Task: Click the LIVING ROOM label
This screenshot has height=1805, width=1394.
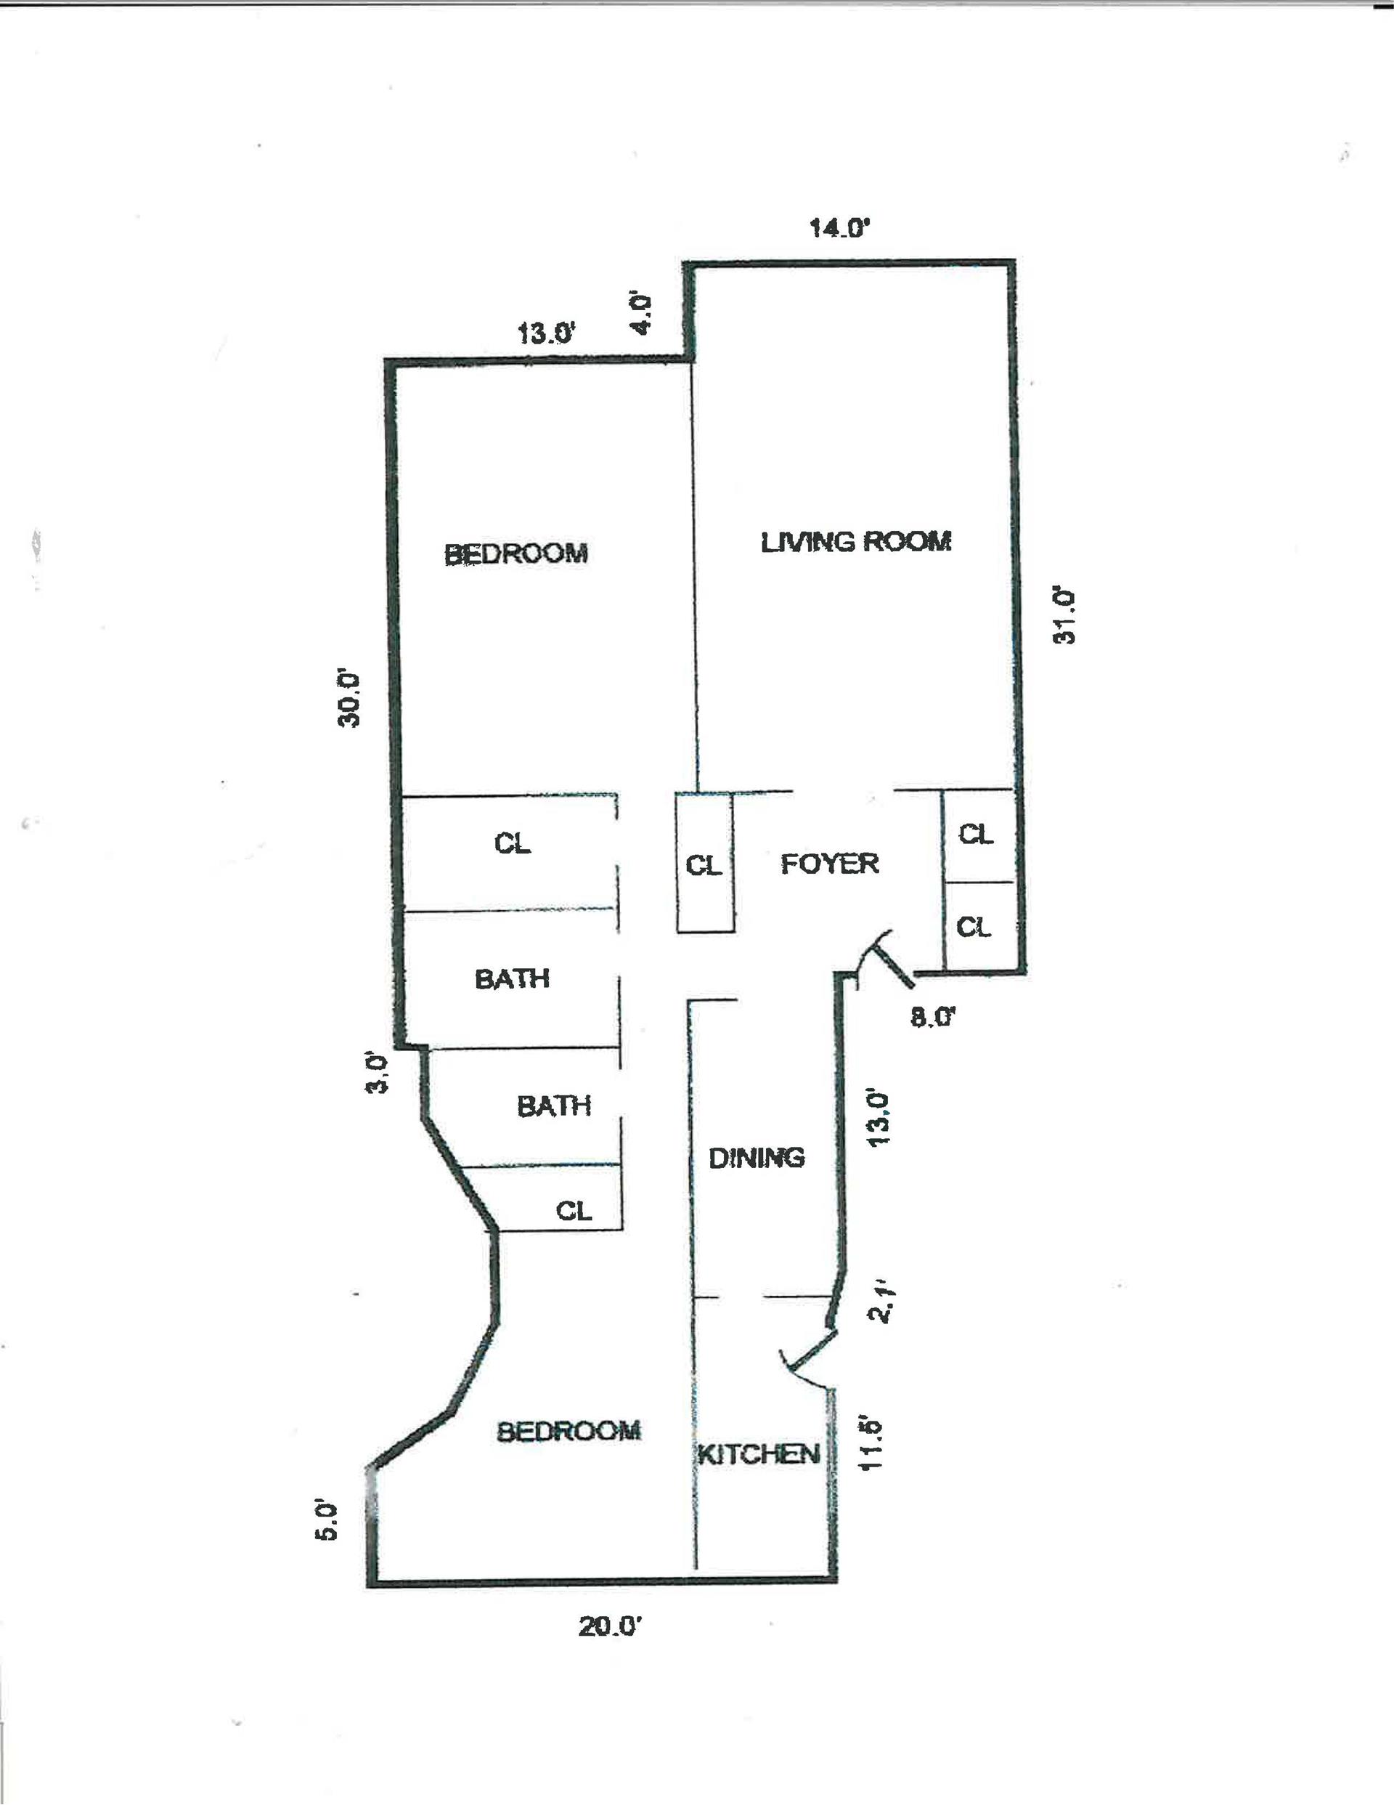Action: (855, 542)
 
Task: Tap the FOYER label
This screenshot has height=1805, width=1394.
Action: (829, 864)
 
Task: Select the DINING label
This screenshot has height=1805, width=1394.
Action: (756, 1158)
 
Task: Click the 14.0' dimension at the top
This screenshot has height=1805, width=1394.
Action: (840, 228)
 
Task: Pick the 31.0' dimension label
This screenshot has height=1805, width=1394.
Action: (1067, 616)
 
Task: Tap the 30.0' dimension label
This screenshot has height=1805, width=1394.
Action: (351, 698)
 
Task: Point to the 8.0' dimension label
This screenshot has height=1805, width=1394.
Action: (933, 1017)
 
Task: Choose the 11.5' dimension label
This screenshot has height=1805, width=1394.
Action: (873, 1444)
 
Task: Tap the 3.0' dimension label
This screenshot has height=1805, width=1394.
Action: (376, 1073)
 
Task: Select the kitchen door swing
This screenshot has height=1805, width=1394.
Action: (810, 1359)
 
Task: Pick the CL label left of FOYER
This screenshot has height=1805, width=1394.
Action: (704, 865)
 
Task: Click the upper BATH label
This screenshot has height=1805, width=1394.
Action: (511, 979)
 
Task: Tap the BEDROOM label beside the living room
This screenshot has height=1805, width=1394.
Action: (515, 553)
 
